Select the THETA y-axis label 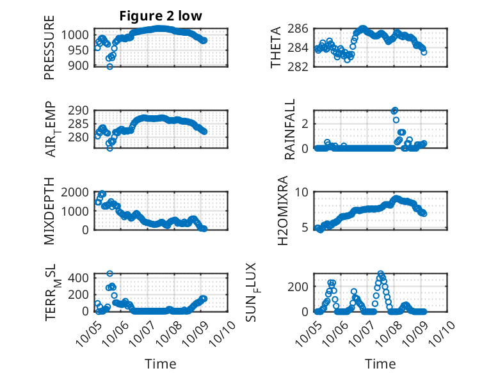point(277,48)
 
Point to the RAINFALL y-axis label point(291,129)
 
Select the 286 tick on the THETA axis point(303,29)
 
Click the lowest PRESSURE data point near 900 point(110,67)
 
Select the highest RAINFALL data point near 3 point(395,111)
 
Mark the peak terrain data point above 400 point(110,274)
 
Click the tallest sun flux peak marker point(381,274)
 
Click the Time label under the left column point(161,364)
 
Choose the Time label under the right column point(380,364)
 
